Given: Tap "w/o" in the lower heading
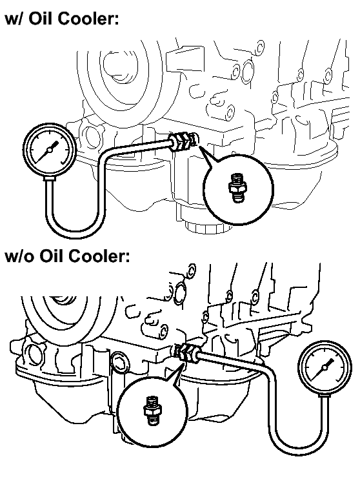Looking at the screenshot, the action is [19, 256].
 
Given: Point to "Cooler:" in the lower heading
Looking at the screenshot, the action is [99, 256].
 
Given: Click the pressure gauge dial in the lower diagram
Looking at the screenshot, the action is [325, 367].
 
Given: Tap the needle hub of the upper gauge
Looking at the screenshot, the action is [50, 150].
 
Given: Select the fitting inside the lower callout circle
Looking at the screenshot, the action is [152, 410].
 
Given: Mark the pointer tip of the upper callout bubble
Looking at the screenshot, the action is [200, 147].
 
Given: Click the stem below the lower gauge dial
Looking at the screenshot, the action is [325, 396].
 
